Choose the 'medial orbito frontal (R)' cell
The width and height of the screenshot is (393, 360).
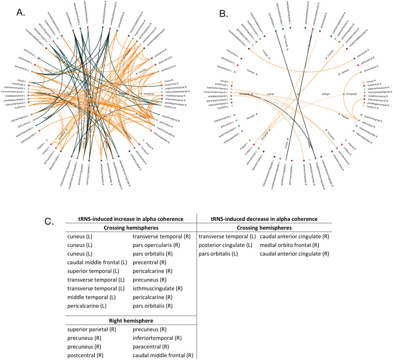[x=290, y=245]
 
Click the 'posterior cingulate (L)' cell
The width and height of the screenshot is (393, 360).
[x=225, y=245]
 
